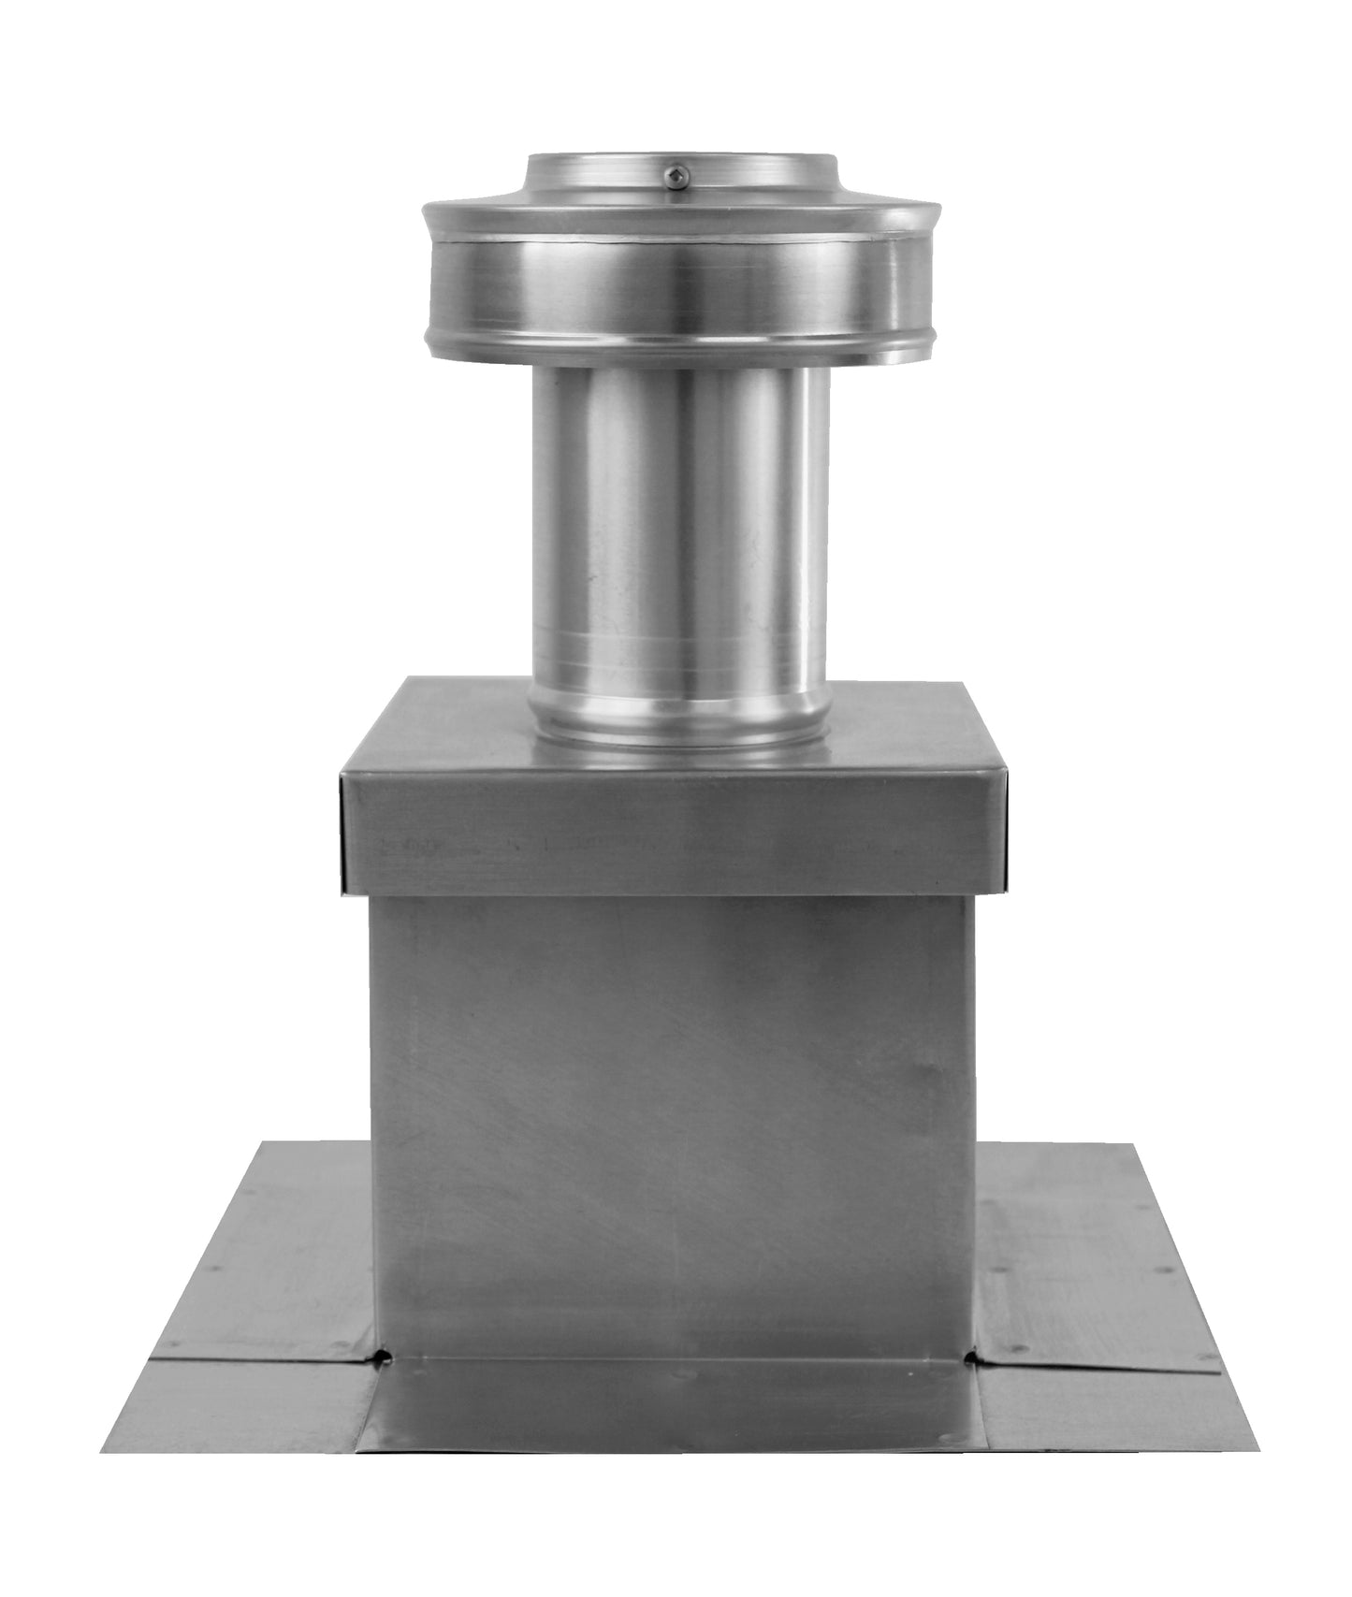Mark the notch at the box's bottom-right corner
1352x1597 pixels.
(x=979, y=1353)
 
